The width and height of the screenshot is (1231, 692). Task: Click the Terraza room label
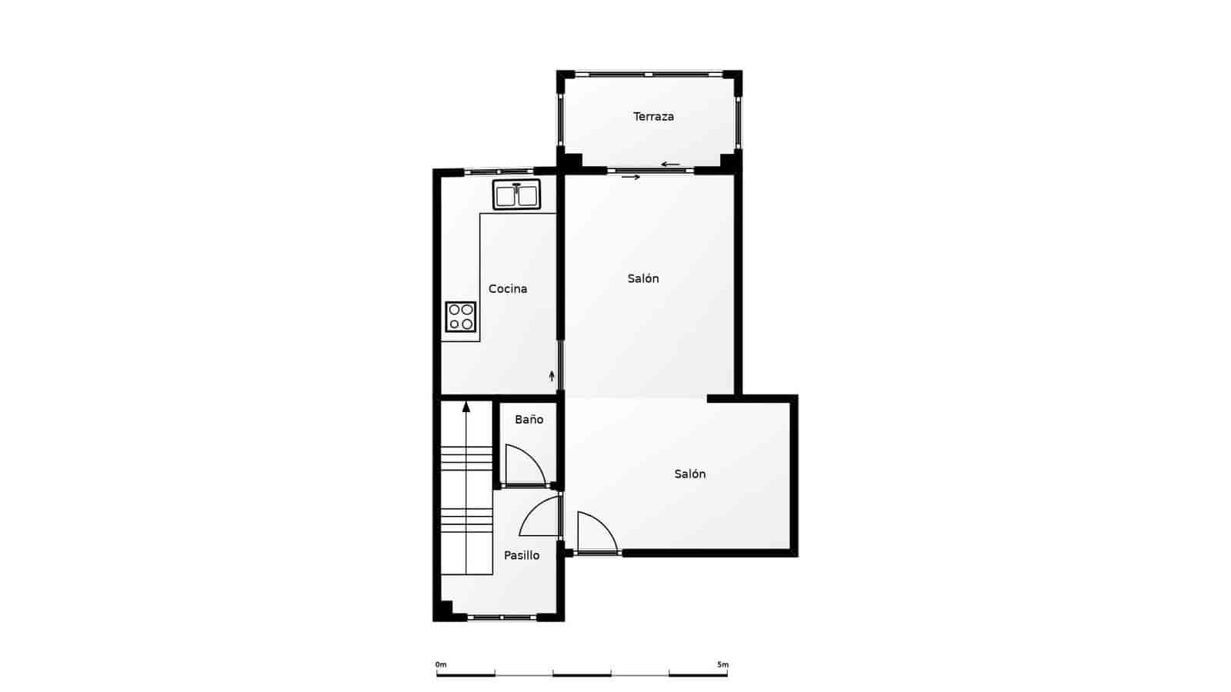click(653, 117)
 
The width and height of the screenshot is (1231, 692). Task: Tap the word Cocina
click(508, 289)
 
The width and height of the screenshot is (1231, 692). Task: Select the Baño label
click(529, 420)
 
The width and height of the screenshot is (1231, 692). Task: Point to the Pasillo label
click(522, 555)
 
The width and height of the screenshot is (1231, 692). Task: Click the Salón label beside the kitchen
click(643, 279)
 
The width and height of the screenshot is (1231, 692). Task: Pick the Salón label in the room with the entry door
click(690, 474)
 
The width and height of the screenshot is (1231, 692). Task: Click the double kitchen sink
click(517, 195)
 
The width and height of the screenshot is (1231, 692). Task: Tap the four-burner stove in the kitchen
click(461, 317)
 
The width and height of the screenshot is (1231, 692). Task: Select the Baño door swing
click(525, 464)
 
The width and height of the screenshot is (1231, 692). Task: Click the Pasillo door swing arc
click(538, 517)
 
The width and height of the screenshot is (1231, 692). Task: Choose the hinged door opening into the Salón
click(597, 532)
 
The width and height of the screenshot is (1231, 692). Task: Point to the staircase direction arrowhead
click(466, 407)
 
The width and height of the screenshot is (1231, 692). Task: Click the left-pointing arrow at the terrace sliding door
click(670, 165)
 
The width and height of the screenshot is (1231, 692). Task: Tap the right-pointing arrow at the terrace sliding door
click(631, 178)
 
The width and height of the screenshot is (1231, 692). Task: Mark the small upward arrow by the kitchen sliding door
click(552, 376)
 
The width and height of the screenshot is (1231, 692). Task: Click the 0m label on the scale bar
click(441, 664)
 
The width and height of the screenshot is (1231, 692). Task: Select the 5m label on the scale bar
click(722, 664)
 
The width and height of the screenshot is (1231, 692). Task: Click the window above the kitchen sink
click(499, 171)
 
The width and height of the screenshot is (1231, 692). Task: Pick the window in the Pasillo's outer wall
click(502, 617)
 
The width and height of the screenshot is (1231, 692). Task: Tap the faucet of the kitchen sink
click(517, 186)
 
